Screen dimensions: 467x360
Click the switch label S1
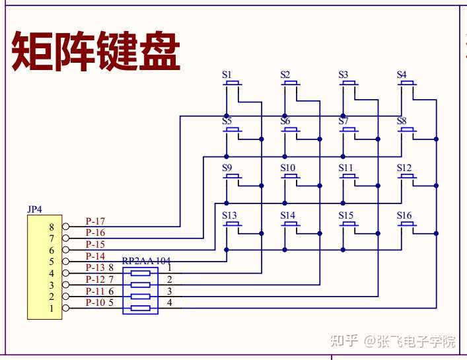click(227, 75)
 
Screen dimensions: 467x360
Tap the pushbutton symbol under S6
click(291, 130)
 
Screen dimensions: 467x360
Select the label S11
click(345, 168)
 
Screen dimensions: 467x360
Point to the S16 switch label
click(404, 215)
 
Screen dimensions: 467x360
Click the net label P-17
click(95, 221)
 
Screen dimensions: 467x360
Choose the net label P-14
click(95, 256)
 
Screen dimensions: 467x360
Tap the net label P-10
click(95, 303)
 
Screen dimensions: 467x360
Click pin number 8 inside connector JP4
click(52, 227)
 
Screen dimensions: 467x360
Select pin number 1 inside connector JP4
click(52, 308)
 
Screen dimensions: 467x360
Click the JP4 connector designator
click(35, 209)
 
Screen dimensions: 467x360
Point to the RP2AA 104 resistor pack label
click(146, 261)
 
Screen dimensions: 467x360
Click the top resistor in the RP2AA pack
click(141, 273)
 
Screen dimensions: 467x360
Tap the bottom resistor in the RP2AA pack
click(141, 308)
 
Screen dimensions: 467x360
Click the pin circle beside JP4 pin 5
click(66, 262)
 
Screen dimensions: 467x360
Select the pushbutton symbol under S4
click(407, 83)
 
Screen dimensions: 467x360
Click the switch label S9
click(227, 168)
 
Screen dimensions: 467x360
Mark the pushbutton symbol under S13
click(233, 225)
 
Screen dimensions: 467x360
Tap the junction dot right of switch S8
click(436, 139)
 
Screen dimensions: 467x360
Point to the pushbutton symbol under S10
click(291, 177)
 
